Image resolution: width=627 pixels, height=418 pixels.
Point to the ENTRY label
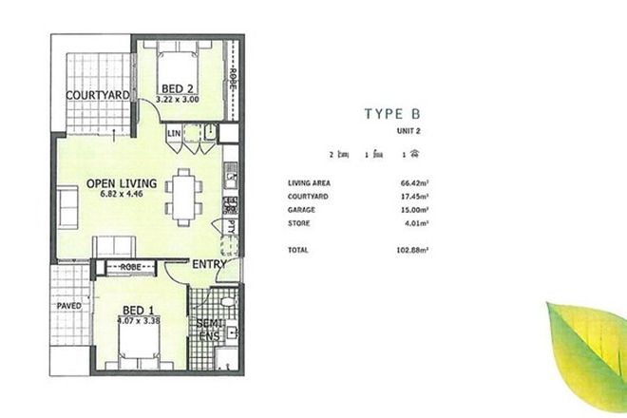click(210, 264)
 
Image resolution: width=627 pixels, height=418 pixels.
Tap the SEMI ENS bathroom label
click(210, 330)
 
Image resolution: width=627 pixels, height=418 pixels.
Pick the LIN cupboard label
click(174, 135)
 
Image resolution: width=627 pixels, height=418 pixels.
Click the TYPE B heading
click(397, 114)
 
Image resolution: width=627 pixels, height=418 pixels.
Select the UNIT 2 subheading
click(410, 132)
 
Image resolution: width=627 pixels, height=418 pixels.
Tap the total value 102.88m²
click(411, 250)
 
